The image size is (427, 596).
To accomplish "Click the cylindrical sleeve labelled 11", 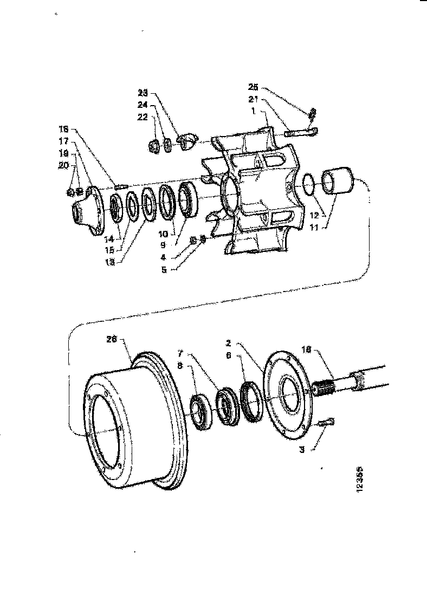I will coord(338,182).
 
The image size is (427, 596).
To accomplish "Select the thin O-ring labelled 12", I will coord(307,184).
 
